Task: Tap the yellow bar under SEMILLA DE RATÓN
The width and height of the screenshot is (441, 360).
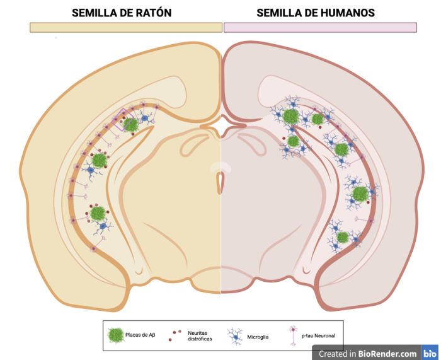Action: coord(125,27)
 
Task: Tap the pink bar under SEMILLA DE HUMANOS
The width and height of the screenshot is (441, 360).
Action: coord(320,27)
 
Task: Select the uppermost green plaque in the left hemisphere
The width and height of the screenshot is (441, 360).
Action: coord(131,125)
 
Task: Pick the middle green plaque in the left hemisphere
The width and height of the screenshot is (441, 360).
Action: coord(99,161)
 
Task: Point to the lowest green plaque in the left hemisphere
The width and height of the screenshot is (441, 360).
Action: coord(98,213)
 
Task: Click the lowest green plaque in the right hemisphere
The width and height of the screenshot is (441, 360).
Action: coord(342,237)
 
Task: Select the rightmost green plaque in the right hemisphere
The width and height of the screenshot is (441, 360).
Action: coord(360,194)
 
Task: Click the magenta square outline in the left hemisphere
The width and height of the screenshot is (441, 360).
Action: coord(123,119)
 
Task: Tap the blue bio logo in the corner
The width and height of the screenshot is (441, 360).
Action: coord(430,353)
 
